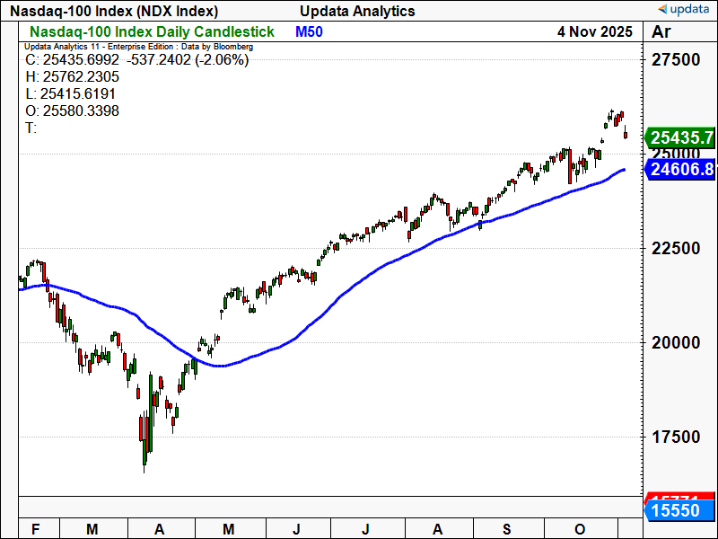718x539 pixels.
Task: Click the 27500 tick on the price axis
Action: pyautogui.click(x=675, y=60)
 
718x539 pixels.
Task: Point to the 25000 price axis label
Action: pyautogui.click(x=675, y=155)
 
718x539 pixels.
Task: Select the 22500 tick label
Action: pyautogui.click(x=675, y=248)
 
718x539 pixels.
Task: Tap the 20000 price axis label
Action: pyautogui.click(x=675, y=342)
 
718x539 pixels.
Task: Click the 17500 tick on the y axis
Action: pyautogui.click(x=675, y=437)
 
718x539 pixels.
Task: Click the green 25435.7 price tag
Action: pyautogui.click(x=682, y=137)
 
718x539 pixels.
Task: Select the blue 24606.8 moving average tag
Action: pyautogui.click(x=682, y=169)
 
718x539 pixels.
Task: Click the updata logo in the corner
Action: pyautogui.click(x=685, y=10)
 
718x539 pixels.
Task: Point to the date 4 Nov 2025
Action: pyautogui.click(x=594, y=31)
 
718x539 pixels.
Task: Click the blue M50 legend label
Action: pyautogui.click(x=309, y=31)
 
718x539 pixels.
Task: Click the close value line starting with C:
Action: pyautogui.click(x=136, y=60)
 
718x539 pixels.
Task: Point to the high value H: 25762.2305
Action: pyautogui.click(x=72, y=77)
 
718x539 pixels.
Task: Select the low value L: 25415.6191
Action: pyautogui.click(x=72, y=93)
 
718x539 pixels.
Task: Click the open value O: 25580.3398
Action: pyautogui.click(x=72, y=110)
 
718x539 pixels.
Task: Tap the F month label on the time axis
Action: pyautogui.click(x=35, y=530)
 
